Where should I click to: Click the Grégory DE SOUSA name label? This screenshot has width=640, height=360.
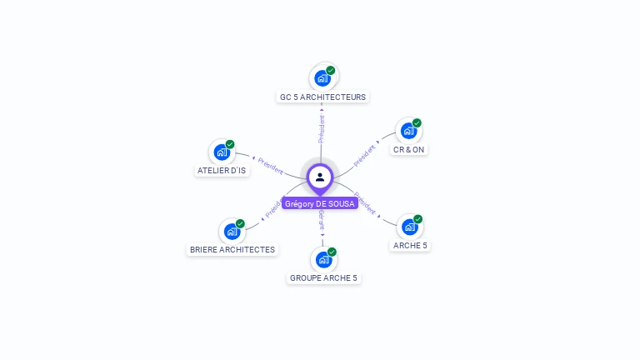coord(320,203)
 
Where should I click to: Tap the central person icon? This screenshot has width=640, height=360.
coord(320,177)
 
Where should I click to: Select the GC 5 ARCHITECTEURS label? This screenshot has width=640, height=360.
coord(322,97)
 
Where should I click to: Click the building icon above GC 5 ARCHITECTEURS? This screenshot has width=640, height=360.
coord(322,79)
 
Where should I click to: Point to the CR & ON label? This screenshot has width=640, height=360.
coord(408,150)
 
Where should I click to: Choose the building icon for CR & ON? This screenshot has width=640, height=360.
coord(408,131)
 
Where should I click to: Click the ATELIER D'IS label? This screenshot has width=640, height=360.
coord(222,170)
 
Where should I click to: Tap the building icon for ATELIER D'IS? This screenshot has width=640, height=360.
coord(222,152)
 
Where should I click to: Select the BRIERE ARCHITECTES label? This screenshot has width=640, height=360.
coord(232,249)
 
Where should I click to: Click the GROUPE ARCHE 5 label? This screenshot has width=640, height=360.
coord(323,277)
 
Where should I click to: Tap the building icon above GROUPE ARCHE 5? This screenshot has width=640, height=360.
coord(323,260)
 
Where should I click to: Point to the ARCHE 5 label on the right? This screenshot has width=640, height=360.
coord(410,245)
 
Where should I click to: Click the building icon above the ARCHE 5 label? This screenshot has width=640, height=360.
coord(409,227)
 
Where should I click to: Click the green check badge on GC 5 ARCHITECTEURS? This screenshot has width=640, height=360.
coord(331,71)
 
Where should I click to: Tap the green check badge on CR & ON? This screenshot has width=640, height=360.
coord(417,123)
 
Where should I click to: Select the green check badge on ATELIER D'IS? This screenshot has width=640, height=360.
coord(230,144)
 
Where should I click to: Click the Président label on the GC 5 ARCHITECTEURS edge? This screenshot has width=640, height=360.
coord(322,128)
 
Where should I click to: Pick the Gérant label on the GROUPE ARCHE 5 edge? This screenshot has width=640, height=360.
coord(322,220)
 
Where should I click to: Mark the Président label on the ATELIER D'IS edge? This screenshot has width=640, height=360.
coord(269,164)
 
